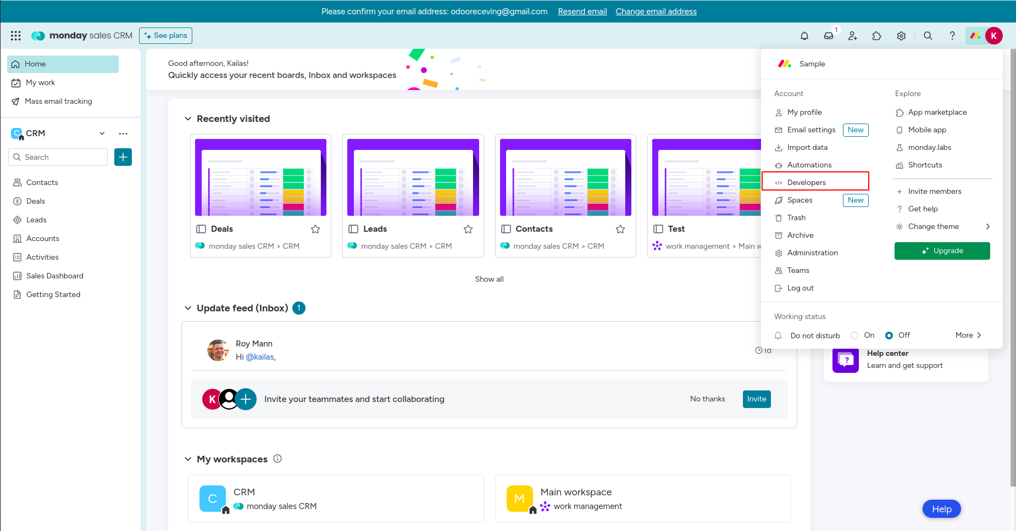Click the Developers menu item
(x=806, y=182)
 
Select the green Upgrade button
(x=942, y=251)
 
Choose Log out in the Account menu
(x=800, y=288)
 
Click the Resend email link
(x=582, y=12)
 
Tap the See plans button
(x=165, y=36)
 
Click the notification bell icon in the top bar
(x=804, y=36)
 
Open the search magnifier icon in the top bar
(x=928, y=36)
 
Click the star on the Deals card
(x=315, y=229)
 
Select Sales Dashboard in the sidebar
(x=54, y=276)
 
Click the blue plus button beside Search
(x=123, y=157)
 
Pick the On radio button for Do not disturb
(x=854, y=336)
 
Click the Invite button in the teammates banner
(x=757, y=399)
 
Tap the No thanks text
(x=707, y=399)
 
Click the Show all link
(x=489, y=279)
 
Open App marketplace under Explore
(x=937, y=112)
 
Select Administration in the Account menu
(x=812, y=253)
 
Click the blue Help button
(x=941, y=509)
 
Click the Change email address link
(x=656, y=12)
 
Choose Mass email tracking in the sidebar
(x=58, y=101)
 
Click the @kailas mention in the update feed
(x=260, y=357)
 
